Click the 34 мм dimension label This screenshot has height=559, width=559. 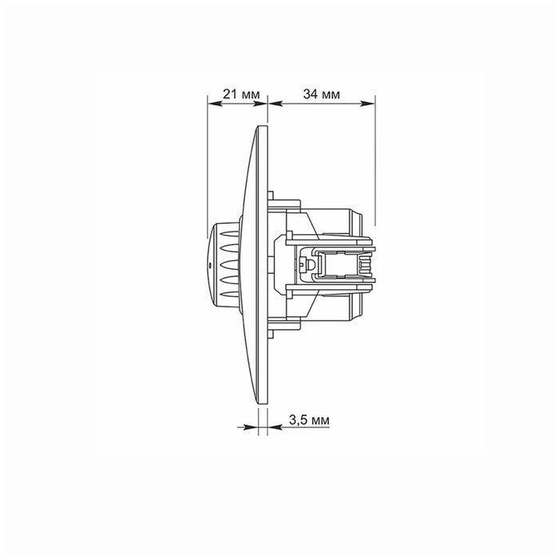tap(323, 94)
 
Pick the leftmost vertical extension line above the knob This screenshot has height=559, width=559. tap(207, 160)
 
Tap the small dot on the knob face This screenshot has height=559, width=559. tap(209, 260)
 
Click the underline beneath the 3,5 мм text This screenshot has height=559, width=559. tap(307, 427)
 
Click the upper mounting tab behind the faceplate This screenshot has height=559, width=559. tap(272, 195)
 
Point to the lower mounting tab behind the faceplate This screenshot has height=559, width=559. tap(272, 326)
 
